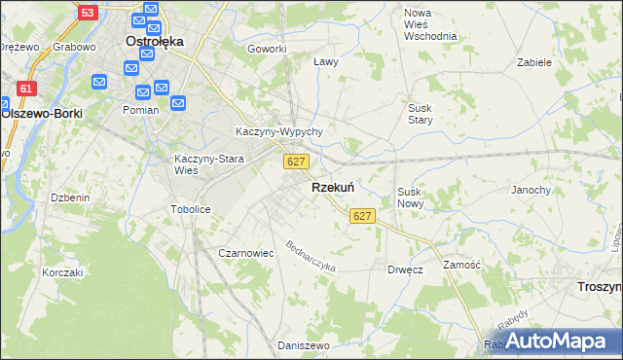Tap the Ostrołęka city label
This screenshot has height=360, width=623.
(x=156, y=42)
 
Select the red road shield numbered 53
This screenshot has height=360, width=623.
(x=88, y=13)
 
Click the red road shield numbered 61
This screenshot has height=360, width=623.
(x=26, y=89)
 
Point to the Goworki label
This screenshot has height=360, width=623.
(x=267, y=49)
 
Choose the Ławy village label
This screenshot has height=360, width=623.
(x=325, y=61)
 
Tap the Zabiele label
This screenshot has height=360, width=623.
(x=534, y=61)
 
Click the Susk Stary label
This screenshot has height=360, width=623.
(x=420, y=113)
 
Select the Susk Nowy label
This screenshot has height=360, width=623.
(x=410, y=198)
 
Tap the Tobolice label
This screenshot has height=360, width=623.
(x=191, y=209)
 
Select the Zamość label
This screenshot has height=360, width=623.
(x=461, y=265)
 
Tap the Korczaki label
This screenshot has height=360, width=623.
(x=62, y=272)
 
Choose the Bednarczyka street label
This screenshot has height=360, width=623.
(x=311, y=255)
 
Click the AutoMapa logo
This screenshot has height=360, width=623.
(x=555, y=342)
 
